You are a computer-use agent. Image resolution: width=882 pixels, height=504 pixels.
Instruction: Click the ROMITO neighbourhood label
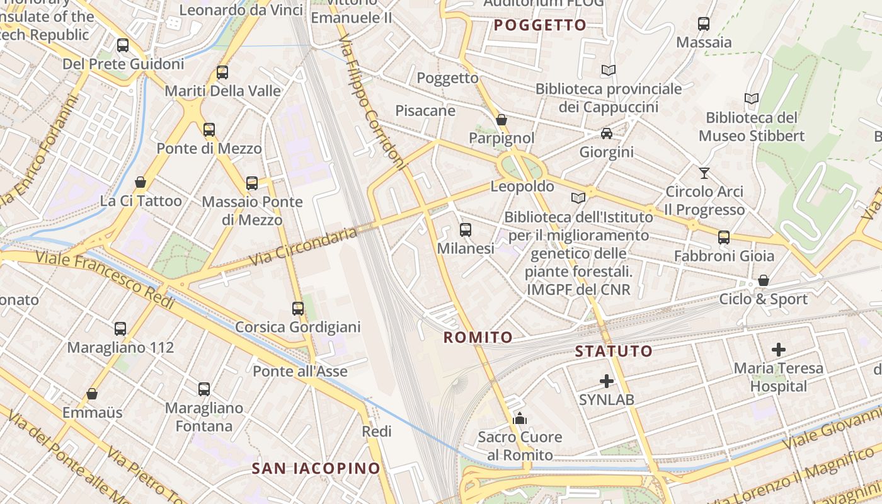[x=478, y=338]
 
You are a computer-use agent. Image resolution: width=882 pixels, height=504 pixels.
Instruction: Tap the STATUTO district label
[x=614, y=351]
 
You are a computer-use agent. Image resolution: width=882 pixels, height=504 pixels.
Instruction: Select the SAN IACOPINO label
[x=316, y=468]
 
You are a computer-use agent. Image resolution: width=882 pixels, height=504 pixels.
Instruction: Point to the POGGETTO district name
[x=540, y=25]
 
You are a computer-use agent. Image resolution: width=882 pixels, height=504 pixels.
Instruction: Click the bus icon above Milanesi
[x=466, y=230]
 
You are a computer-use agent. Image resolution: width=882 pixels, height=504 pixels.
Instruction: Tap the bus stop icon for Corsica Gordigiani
[x=298, y=309]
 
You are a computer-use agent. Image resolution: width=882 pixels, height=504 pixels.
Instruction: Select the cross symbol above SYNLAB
[x=607, y=381]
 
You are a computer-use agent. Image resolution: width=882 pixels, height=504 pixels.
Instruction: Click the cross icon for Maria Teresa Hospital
[x=779, y=350]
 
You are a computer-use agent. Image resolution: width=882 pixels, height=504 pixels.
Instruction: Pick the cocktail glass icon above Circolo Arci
[x=704, y=173]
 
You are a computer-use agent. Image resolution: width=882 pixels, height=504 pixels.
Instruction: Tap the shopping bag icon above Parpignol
[x=501, y=119]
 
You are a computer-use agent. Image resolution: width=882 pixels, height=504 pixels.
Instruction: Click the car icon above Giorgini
[x=606, y=134]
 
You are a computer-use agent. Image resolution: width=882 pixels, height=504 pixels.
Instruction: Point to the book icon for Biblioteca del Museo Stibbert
[x=751, y=99]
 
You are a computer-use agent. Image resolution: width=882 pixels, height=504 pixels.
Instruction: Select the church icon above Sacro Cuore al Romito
[x=520, y=418]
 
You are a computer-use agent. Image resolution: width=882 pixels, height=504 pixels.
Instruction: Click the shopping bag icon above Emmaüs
[x=92, y=394]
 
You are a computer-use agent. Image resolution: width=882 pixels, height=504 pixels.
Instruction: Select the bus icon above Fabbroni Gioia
[x=724, y=238]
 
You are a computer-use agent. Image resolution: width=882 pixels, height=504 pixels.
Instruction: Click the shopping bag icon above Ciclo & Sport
[x=764, y=280]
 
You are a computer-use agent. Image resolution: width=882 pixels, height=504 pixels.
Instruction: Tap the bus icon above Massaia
[x=704, y=24]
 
